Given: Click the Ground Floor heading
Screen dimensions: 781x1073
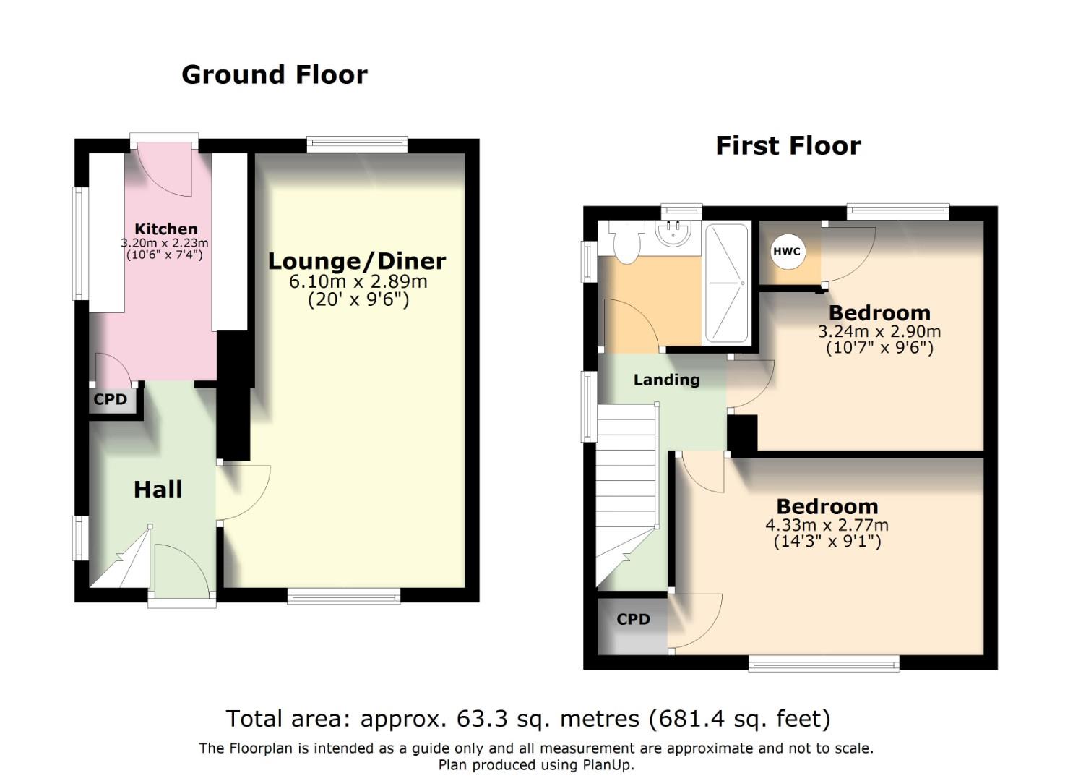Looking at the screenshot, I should tap(274, 74).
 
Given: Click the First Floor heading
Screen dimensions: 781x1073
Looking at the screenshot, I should tap(788, 146).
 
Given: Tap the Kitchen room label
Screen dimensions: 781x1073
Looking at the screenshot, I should tap(165, 229).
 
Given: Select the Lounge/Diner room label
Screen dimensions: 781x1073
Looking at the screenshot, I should tap(357, 261).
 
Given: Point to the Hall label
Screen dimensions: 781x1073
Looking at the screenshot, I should tap(158, 490).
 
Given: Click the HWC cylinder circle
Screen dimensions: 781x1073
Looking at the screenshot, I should tap(786, 252).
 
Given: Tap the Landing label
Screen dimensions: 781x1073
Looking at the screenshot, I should tap(666, 380).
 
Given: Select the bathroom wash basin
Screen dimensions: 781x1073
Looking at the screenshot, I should tap(674, 234).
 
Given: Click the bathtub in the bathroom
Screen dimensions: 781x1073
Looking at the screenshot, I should tap(727, 283).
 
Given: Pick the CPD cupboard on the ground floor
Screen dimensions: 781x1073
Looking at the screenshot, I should tap(111, 400).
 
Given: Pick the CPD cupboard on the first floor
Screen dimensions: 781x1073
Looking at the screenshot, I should tap(633, 620).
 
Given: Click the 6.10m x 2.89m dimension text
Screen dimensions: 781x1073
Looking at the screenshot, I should tap(358, 281).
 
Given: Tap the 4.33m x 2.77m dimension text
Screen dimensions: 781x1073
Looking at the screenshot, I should tap(827, 525).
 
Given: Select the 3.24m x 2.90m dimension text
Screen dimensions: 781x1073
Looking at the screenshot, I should tap(879, 332).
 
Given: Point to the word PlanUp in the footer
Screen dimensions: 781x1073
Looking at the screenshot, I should tap(606, 765).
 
